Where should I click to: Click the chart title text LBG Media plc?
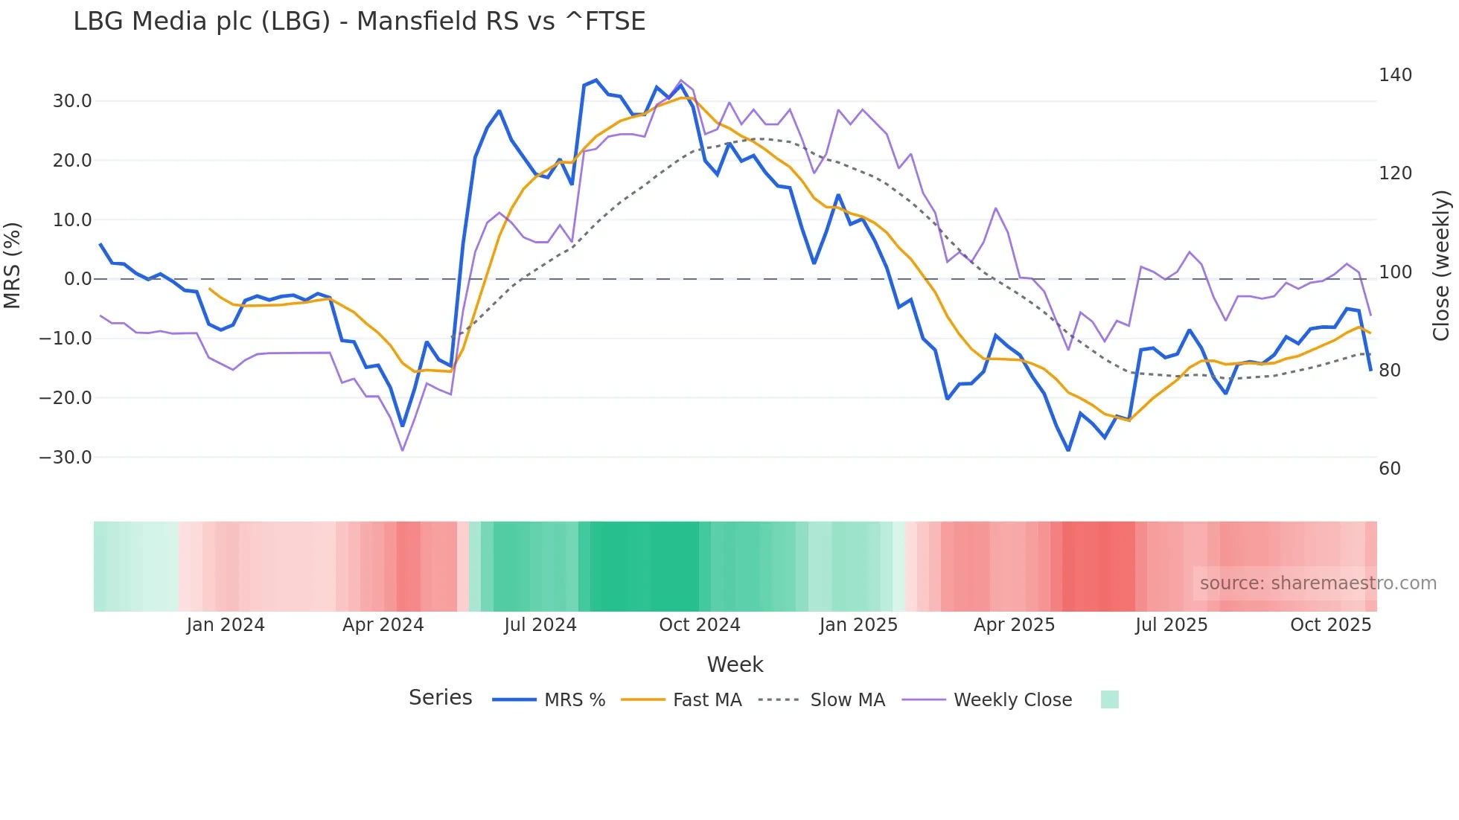click(359, 22)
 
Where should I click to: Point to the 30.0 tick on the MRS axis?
click(72, 101)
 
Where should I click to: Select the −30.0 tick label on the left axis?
click(66, 458)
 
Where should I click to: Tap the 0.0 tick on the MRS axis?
click(77, 279)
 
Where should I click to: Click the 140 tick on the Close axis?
click(1395, 75)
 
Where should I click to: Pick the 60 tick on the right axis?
click(1390, 469)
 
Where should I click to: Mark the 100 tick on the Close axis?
click(1395, 272)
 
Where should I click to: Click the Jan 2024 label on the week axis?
click(226, 625)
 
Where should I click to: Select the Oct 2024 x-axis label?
click(700, 625)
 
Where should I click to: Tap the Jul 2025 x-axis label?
click(1172, 625)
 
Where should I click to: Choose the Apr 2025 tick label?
click(1014, 625)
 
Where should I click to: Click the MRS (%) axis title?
click(13, 265)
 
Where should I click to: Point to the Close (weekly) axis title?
click(1442, 265)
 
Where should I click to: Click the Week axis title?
click(735, 664)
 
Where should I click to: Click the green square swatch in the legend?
click(1109, 699)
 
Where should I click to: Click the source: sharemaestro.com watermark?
click(1318, 583)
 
